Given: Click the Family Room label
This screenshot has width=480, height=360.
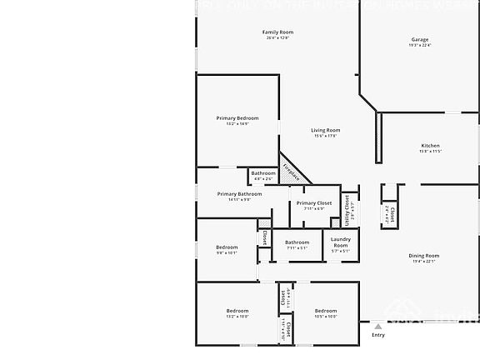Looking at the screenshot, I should tap(278, 32).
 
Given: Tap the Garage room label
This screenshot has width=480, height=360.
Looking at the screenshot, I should tap(419, 39).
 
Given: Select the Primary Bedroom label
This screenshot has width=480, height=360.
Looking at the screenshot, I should tap(237, 118).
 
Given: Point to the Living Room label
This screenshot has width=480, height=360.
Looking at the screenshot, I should tap(326, 130).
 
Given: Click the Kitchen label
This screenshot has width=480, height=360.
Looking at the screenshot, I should tap(430, 146).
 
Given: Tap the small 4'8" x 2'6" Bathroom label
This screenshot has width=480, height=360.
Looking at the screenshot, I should tap(263, 173).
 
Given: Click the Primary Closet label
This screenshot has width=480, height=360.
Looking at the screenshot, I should tap(314, 202).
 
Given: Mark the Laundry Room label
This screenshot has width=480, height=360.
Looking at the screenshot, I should tap(341, 242).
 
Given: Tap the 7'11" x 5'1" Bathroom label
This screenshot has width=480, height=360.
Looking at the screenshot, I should tap(297, 242).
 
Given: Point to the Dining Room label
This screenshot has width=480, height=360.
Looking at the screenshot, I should tap(423, 256).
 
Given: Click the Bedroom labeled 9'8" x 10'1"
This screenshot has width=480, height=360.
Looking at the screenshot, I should tap(227, 247).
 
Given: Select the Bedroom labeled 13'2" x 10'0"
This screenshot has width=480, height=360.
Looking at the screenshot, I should tap(237, 311).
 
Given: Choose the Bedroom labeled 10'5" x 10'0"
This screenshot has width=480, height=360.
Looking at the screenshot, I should tap(326, 311).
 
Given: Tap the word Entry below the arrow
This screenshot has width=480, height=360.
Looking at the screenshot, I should tap(378, 335).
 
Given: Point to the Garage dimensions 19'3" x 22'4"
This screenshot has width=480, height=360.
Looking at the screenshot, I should tap(419, 46).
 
